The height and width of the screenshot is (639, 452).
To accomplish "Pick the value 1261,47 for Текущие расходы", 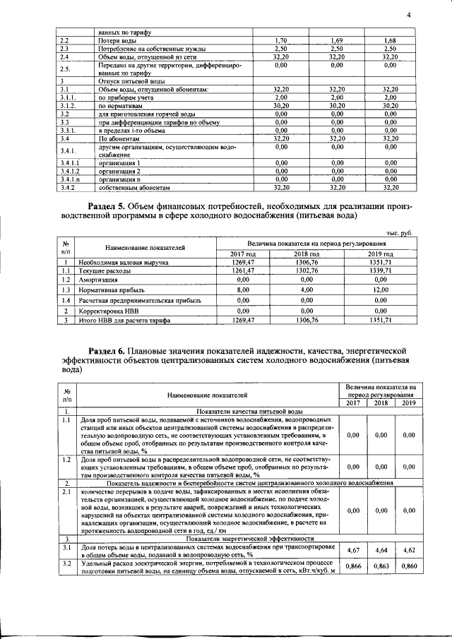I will (242, 270).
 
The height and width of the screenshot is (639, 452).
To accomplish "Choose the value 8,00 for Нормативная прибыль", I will (242, 289).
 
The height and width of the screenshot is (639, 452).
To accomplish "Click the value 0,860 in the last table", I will (406, 566).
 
